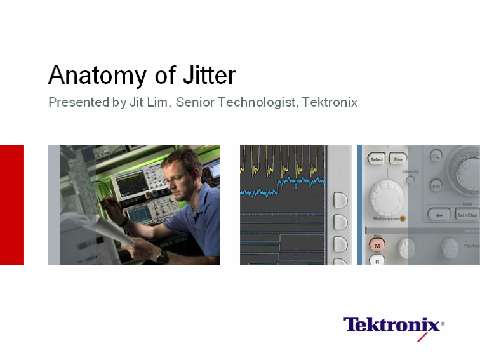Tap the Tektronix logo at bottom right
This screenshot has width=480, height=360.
pyautogui.click(x=392, y=324)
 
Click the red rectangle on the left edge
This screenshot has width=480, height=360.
pyautogui.click(x=11, y=204)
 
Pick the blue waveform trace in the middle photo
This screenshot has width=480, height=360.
pyautogui.click(x=280, y=191)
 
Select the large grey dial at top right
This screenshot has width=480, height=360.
pyautogui.click(x=465, y=170)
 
